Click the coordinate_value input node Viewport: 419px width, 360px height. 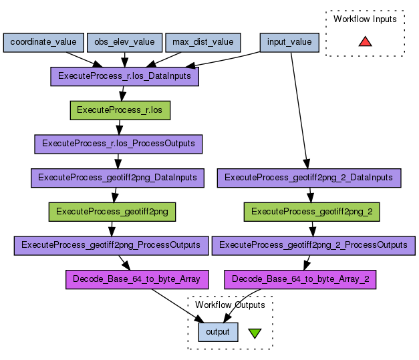pyautogui.click(x=43, y=43)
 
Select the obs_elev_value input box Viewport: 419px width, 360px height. pyautogui.click(x=124, y=43)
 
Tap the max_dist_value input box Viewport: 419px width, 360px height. pyautogui.click(x=202, y=43)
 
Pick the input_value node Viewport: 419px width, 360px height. pyautogui.click(x=289, y=43)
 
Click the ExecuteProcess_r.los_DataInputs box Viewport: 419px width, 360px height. pyautogui.click(x=124, y=76)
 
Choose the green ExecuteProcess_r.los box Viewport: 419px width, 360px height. pyautogui.click(x=120, y=110)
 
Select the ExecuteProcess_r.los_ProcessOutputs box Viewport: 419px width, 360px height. pyautogui.click(x=118, y=144)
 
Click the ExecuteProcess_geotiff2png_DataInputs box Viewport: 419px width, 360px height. pyautogui.click(x=118, y=178)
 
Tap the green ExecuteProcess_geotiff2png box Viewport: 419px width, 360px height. pyautogui.click(x=112, y=212)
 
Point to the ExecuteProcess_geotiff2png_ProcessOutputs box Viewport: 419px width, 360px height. pyautogui.click(x=110, y=245)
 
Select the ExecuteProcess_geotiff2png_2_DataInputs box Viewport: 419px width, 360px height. pyautogui.click(x=309, y=178)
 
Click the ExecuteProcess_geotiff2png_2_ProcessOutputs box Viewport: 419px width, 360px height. pyautogui.click(x=313, y=245)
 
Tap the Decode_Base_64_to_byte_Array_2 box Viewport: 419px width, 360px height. pyautogui.click(x=301, y=279)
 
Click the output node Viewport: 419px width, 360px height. pyautogui.click(x=218, y=331)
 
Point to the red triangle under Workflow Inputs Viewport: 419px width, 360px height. pyautogui.click(x=365, y=41)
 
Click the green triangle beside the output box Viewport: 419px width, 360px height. pyautogui.click(x=255, y=332)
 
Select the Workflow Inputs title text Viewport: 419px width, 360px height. pyautogui.click(x=365, y=19)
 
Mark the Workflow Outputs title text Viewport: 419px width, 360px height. pyautogui.click(x=230, y=305)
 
